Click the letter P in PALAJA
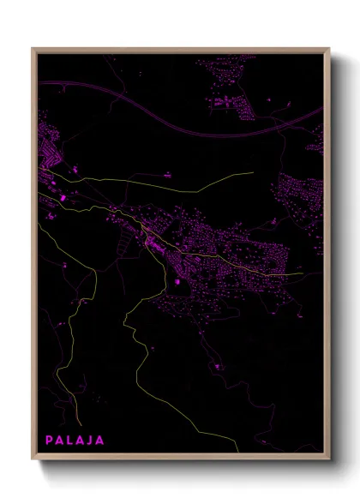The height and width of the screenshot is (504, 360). [x=50, y=441]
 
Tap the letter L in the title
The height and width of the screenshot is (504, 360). [x=73, y=441]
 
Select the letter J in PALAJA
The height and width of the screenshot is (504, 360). [x=92, y=441]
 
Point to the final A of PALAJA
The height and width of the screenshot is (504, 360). [x=101, y=441]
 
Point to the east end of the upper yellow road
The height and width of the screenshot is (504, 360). [x=253, y=173]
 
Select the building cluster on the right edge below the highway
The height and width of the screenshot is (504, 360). [x=300, y=193]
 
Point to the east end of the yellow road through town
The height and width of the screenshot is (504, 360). [x=322, y=274]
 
